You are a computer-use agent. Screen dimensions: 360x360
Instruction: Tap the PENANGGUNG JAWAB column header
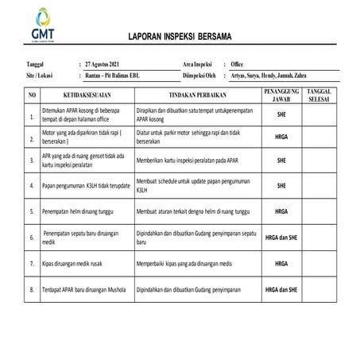click(x=281, y=96)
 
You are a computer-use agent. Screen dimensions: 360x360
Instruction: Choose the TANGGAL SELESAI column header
click(x=321, y=96)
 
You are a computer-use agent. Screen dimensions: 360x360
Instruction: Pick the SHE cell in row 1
click(x=281, y=115)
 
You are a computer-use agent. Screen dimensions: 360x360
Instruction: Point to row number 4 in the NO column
click(x=32, y=186)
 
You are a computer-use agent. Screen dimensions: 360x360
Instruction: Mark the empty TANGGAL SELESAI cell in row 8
click(x=321, y=290)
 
